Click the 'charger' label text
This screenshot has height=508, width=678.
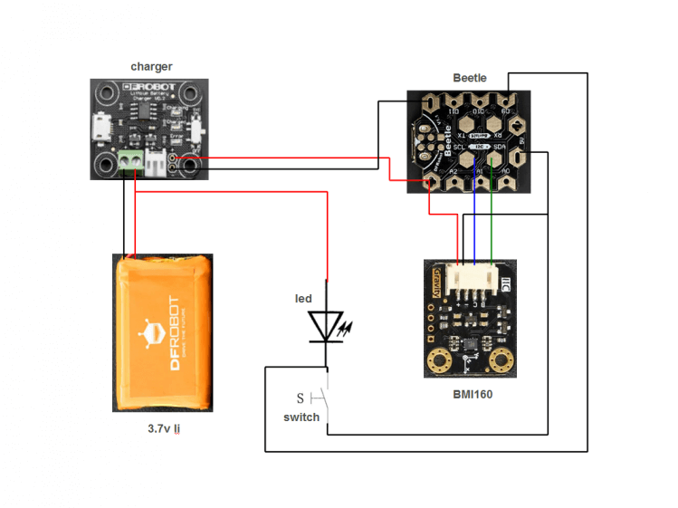pyautogui.click(x=151, y=66)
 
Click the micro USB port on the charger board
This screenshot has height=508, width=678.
pyautogui.click(x=98, y=128)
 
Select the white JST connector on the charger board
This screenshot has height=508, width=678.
pyautogui.click(x=158, y=164)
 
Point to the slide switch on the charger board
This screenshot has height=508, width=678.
pyautogui.click(x=196, y=128)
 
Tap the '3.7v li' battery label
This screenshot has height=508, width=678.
pyautogui.click(x=163, y=429)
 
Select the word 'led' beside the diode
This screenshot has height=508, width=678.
pyautogui.click(x=303, y=299)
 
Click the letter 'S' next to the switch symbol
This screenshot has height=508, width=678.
pyautogui.click(x=301, y=398)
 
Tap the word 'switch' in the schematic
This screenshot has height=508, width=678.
pyautogui.click(x=301, y=417)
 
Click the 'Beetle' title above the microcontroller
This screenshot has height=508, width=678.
pyautogui.click(x=470, y=78)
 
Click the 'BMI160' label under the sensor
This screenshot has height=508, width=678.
pyautogui.click(x=473, y=395)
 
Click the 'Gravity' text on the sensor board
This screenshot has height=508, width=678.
pyautogui.click(x=434, y=282)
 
